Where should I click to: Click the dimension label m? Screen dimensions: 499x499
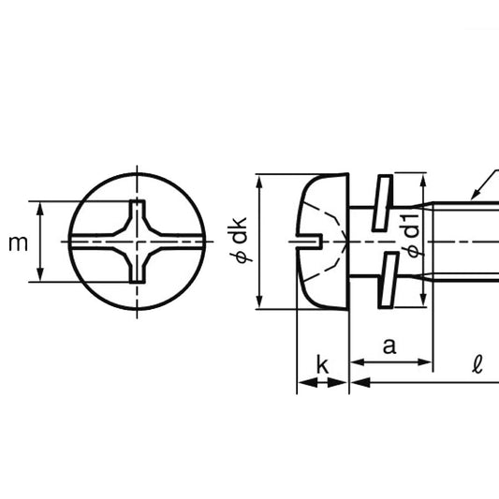pos(18,243)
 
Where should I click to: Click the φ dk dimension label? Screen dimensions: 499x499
pos(239,240)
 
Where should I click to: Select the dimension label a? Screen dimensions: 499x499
pos(389,346)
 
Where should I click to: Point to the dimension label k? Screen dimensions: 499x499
pos(322,365)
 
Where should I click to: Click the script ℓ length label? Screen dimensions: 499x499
pos(477,365)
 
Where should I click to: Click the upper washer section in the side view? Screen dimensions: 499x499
pos(382,202)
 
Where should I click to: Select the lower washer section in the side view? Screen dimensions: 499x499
pos(389,280)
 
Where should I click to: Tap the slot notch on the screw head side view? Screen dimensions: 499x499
pos(310,241)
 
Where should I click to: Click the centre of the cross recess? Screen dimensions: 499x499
pos(138,242)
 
